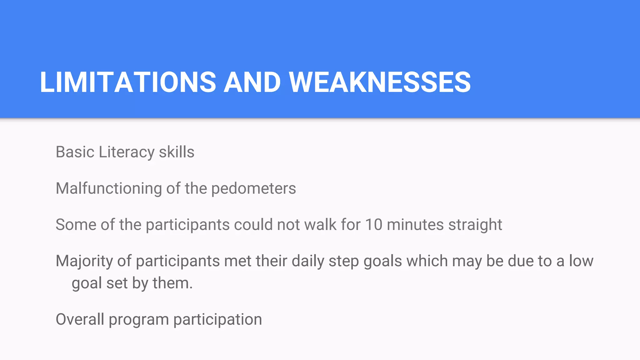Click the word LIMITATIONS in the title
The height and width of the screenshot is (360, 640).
pyautogui.click(x=128, y=82)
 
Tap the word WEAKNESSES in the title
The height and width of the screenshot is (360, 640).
pyautogui.click(x=380, y=82)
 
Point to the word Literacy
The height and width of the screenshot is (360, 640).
pyautogui.click(x=127, y=152)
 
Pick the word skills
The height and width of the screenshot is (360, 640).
pyautogui.click(x=177, y=152)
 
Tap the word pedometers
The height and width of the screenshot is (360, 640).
pyautogui.click(x=253, y=188)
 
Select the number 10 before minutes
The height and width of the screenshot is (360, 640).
pyautogui.click(x=373, y=225)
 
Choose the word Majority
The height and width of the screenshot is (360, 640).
pyautogui.click(x=84, y=261)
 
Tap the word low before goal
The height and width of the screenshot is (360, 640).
pyautogui.click(x=581, y=261)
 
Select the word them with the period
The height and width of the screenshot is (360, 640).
pyautogui.click(x=172, y=283)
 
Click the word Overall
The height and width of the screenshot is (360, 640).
pyautogui.click(x=80, y=319)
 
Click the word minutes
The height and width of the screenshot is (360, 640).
pyautogui.click(x=415, y=225)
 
